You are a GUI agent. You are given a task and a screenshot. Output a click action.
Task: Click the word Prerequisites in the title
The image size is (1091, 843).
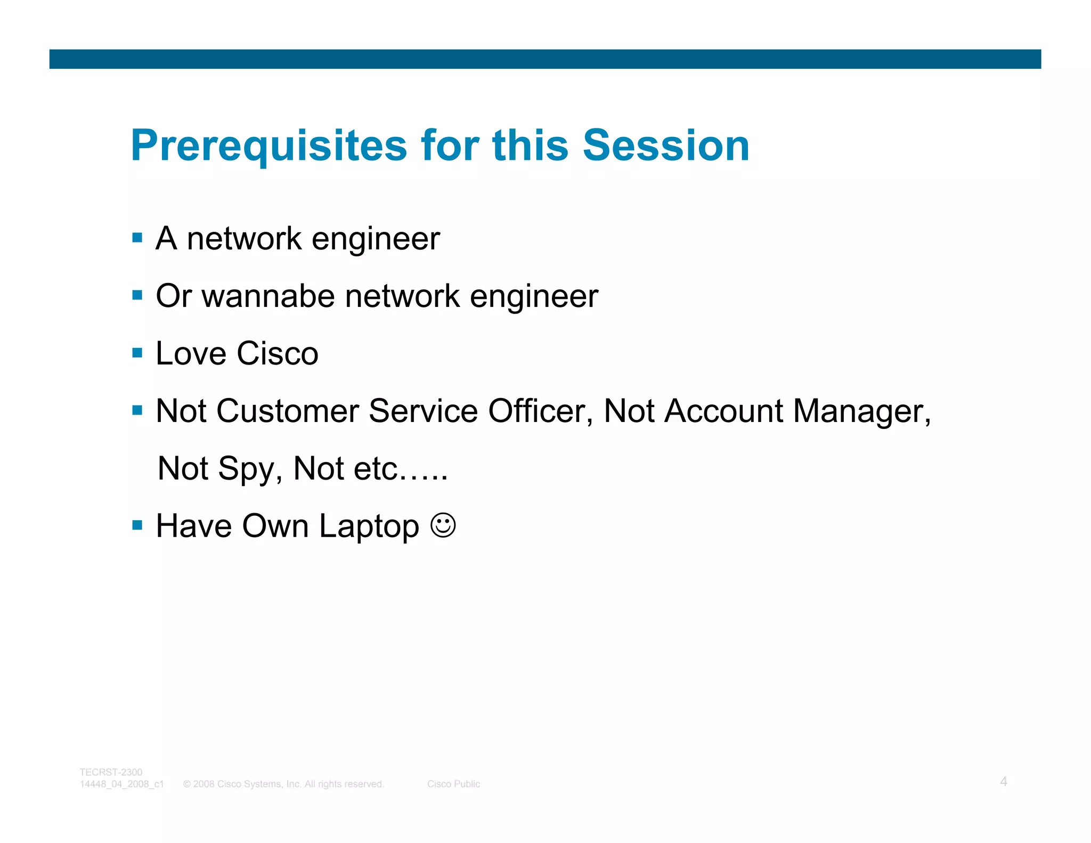click(x=269, y=146)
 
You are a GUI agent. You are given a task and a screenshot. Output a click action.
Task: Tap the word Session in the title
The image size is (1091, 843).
click(x=666, y=145)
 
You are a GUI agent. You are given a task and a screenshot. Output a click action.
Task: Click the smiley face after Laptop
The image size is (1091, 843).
click(x=443, y=525)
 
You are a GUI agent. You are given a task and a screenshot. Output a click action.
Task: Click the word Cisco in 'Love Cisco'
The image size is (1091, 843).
click(x=277, y=353)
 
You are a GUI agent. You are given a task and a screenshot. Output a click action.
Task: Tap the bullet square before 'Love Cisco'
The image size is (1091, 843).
click(x=137, y=353)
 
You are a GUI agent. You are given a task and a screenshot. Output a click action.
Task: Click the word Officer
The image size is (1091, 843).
click(x=540, y=411)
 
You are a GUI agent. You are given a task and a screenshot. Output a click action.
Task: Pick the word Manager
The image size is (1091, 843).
click(x=861, y=412)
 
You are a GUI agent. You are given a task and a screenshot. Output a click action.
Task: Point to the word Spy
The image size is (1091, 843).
click(x=249, y=469)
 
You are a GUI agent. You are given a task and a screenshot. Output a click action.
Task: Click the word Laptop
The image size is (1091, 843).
click(x=369, y=527)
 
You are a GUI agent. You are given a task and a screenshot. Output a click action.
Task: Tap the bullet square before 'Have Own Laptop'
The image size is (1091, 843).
click(x=137, y=525)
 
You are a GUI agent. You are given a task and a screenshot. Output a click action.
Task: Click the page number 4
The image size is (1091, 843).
click(x=1003, y=782)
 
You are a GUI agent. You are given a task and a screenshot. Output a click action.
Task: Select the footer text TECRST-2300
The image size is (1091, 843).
click(x=111, y=772)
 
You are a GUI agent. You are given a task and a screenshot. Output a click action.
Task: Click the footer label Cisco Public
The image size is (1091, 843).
click(x=453, y=784)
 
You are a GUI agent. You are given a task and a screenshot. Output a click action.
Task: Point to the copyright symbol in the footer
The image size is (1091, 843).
click(x=187, y=784)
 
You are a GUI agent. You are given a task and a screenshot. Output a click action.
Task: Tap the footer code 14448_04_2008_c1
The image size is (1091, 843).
click(x=121, y=784)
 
